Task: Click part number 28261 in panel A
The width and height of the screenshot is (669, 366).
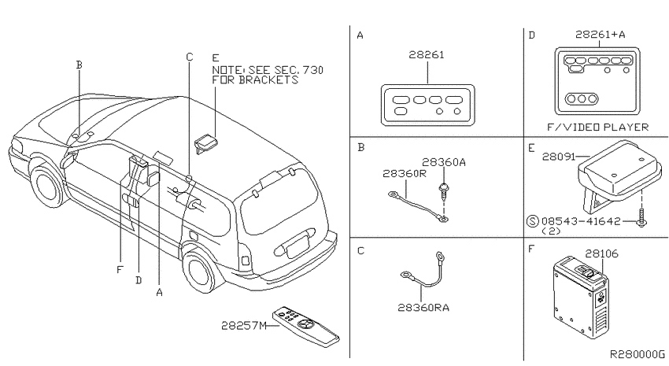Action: pyautogui.click(x=427, y=54)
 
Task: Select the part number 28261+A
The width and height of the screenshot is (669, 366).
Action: pyautogui.click(x=600, y=34)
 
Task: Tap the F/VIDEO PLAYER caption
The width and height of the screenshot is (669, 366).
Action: pyautogui.click(x=597, y=128)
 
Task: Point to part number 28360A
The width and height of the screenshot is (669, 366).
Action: pyautogui.click(x=444, y=162)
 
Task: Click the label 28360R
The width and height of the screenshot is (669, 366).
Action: pyautogui.click(x=405, y=174)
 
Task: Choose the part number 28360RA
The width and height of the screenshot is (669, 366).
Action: pyautogui.click(x=423, y=308)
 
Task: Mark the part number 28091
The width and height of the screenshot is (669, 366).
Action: pyautogui.click(x=559, y=157)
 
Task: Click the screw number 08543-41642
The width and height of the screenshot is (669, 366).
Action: pyautogui.click(x=581, y=221)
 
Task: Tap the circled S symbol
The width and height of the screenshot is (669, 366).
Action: pyautogui.click(x=533, y=221)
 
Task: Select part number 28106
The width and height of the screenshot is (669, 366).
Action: pyautogui.click(x=601, y=253)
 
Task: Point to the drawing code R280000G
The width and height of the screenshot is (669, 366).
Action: pyautogui.click(x=637, y=354)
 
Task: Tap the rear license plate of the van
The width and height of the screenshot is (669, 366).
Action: pyautogui.click(x=297, y=246)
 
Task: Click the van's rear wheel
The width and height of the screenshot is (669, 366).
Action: pyautogui.click(x=200, y=271)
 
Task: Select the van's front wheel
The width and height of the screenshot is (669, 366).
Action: pyautogui.click(x=50, y=187)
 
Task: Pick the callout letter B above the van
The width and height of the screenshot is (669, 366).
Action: pyautogui.click(x=79, y=65)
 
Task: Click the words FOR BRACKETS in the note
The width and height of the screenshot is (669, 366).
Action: pyautogui.click(x=255, y=80)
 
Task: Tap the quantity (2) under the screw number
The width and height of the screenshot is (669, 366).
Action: pyautogui.click(x=551, y=231)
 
